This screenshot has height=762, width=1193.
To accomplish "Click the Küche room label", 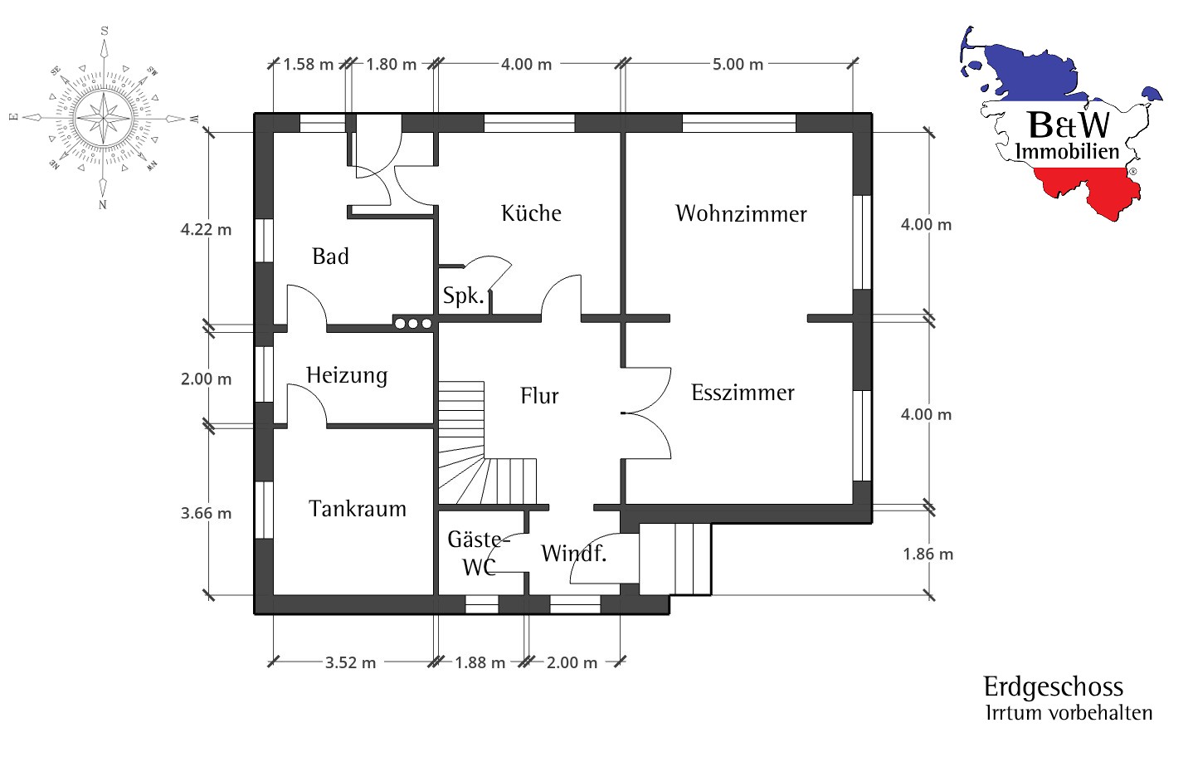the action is point(531,213).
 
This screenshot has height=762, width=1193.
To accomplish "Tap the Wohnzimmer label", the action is point(742,213).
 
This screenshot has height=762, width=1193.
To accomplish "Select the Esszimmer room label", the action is point(743,393).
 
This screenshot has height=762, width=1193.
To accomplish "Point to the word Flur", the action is point(539,396).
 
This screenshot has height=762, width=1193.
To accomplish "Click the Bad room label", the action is point(331,256).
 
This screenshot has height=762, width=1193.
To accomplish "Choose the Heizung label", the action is point(347,376).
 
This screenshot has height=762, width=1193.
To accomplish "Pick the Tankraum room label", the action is point(358,509).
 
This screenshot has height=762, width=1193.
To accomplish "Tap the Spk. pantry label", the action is point(464,296).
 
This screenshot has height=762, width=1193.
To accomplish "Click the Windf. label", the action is point(574,554).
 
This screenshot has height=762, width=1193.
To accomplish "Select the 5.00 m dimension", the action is point(738,65).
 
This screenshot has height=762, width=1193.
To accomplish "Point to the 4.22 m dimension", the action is point(206,230).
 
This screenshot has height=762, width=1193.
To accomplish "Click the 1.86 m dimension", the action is point(928,554).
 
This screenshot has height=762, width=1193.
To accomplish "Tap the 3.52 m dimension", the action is point(350,663).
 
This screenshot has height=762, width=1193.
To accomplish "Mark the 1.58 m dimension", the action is point(308,65).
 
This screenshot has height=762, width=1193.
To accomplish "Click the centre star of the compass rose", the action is point(104,119).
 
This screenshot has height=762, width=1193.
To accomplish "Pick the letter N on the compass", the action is point(103,205).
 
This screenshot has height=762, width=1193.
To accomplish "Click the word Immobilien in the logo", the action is point(1067,151).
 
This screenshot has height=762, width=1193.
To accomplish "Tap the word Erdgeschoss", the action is point(1054,686).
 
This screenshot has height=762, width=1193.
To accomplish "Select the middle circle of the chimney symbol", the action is point(413,324).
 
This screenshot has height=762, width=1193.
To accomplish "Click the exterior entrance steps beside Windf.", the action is point(675,559).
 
